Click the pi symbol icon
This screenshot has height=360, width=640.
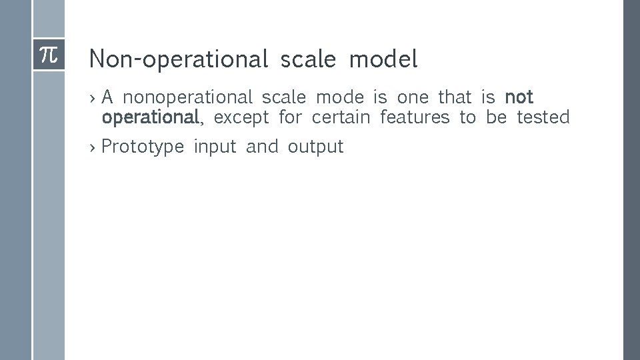click(x=49, y=55)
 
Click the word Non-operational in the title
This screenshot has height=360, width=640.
click(x=178, y=60)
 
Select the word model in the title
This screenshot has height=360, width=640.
click(x=383, y=59)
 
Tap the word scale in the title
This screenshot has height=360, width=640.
click(x=308, y=59)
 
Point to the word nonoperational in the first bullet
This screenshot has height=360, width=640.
click(x=188, y=98)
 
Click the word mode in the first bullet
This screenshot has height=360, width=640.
click(x=340, y=98)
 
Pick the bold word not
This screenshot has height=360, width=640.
click(x=519, y=97)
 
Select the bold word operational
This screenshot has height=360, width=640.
click(x=150, y=118)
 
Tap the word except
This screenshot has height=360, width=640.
click(x=241, y=118)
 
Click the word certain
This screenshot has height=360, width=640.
click(x=341, y=118)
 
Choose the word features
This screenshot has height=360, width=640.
click(x=415, y=118)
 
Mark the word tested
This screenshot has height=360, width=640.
click(x=543, y=118)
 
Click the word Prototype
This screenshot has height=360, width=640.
click(x=143, y=147)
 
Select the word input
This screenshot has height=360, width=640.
click(x=215, y=147)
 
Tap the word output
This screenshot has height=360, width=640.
click(x=315, y=147)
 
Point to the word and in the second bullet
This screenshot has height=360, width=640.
click(x=262, y=147)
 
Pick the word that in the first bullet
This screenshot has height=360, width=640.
click(x=455, y=97)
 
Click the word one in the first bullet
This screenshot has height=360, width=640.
click(x=413, y=98)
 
